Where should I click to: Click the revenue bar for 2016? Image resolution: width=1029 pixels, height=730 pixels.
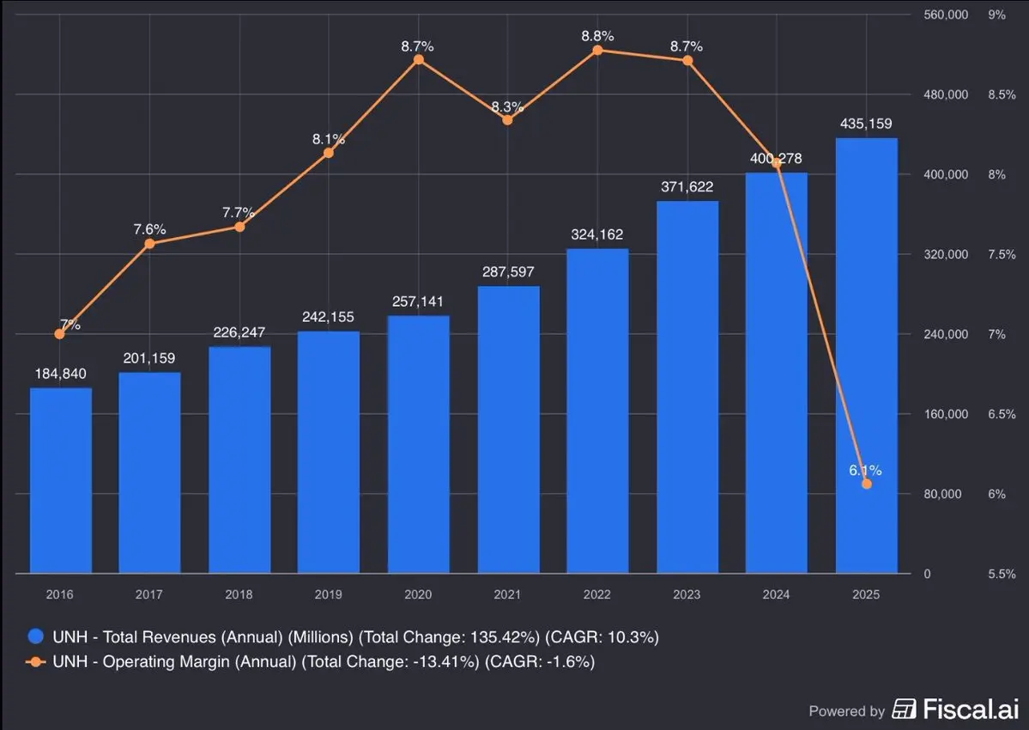60,481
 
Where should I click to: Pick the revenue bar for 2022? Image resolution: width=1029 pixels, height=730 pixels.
597,411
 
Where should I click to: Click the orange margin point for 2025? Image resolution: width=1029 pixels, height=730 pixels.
867,484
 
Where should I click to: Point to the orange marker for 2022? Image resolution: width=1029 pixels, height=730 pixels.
597,50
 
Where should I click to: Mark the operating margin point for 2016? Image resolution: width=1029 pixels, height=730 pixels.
59,333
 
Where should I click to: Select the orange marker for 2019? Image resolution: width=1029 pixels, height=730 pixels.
328,153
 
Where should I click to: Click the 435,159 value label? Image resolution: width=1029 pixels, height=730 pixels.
866,125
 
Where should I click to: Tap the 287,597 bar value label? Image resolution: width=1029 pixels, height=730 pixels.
508,272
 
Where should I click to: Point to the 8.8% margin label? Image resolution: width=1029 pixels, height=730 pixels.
597,36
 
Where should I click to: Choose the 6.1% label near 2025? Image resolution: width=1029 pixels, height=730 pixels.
866,470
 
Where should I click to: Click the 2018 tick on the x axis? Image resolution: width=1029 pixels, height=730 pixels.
239,594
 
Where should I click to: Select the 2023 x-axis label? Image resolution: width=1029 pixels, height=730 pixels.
687,594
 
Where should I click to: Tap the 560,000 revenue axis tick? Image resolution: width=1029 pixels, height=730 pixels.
945,15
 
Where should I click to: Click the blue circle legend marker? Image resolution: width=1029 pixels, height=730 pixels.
36,636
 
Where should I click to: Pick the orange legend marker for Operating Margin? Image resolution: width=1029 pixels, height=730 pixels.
36,662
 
